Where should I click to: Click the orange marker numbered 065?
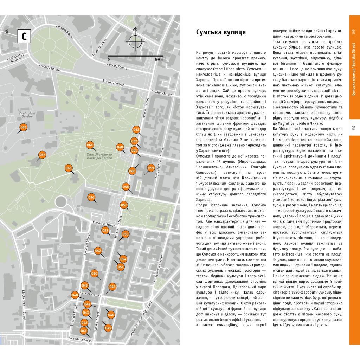click(x=23, y=127)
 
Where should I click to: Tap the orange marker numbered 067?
click(x=42, y=155)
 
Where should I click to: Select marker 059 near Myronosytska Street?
click(x=151, y=168)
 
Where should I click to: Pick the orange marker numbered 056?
click(x=91, y=198)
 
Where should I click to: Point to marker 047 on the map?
click(x=112, y=287)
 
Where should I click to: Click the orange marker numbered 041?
click(x=84, y=330)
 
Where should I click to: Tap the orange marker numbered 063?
click(x=136, y=130)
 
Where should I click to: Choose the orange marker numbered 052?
click(x=98, y=251)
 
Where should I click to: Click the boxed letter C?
click(x=24, y=36)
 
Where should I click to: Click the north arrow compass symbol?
click(x=135, y=41)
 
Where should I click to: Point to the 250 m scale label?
click(x=159, y=60)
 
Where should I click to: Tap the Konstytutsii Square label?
click(x=80, y=340)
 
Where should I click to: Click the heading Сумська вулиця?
click(x=220, y=33)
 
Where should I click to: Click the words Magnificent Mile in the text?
click(x=289, y=123)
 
